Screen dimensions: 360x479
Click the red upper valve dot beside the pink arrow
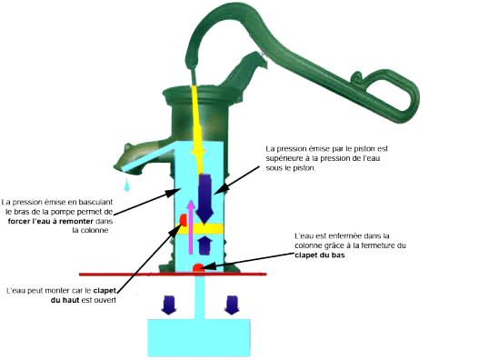click(183, 220)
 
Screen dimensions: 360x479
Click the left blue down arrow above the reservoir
click(169, 304)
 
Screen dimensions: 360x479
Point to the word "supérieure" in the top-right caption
click(287, 160)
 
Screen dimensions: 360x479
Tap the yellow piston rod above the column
click(199, 118)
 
